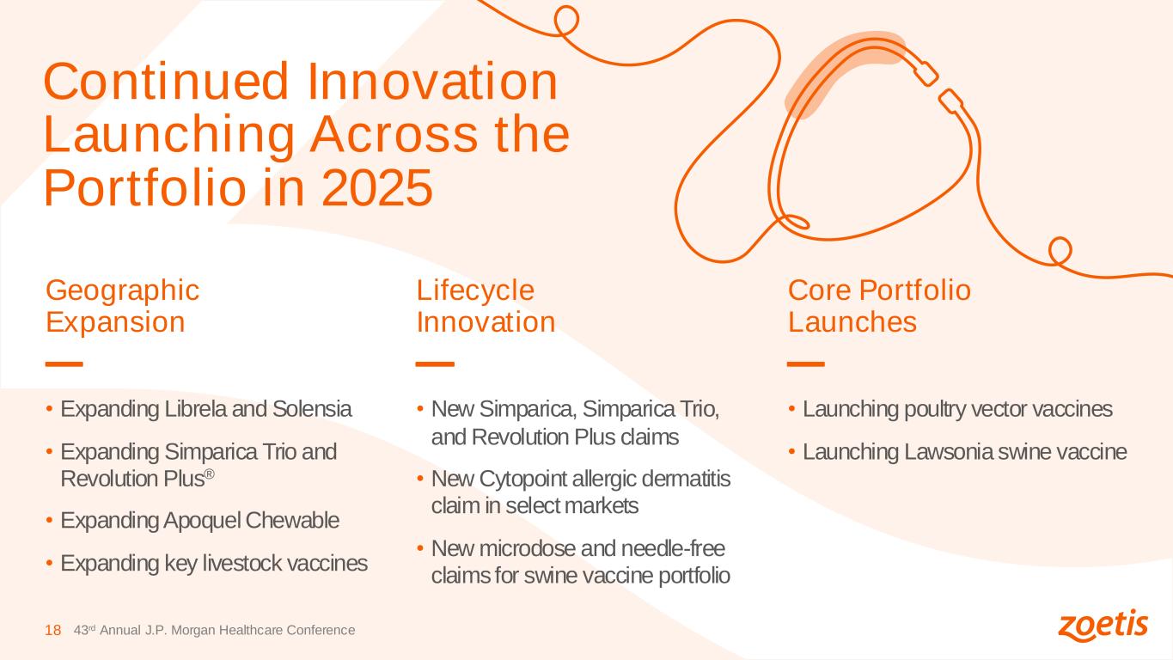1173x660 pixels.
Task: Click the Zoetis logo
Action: click(x=1103, y=625)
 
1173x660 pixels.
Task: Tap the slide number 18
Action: click(x=53, y=630)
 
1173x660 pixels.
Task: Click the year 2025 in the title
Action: click(x=377, y=188)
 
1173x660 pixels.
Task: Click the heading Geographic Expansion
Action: click(x=123, y=305)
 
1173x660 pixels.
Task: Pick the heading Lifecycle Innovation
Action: click(x=486, y=305)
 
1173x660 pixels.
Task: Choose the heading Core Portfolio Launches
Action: click(x=879, y=305)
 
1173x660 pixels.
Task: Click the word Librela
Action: click(x=195, y=409)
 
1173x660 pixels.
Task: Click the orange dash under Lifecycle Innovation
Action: click(x=435, y=364)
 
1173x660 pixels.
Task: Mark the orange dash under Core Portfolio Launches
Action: click(x=806, y=364)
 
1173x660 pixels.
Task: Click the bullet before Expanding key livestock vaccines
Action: click(x=49, y=564)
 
